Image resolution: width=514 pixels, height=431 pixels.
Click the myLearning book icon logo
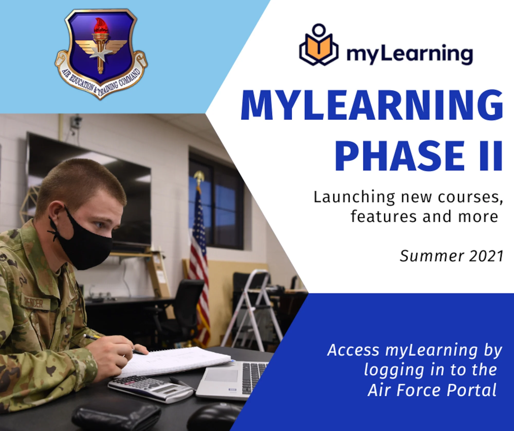[x=318, y=45]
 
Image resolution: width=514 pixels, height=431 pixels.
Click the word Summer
[x=432, y=256]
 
